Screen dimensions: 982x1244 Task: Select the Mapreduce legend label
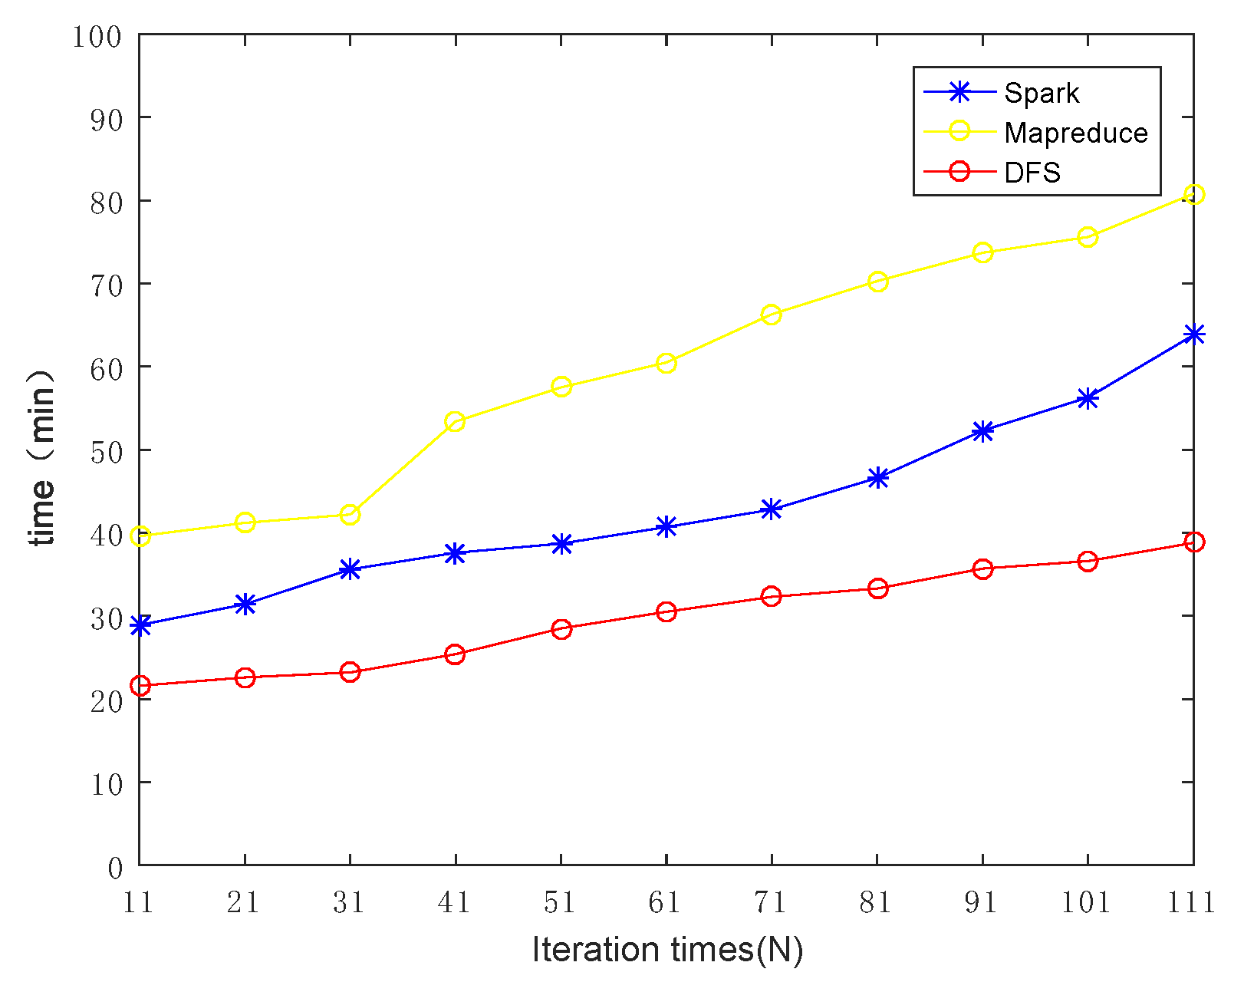[x=1075, y=133]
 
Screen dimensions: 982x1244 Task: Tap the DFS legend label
[x=1032, y=172]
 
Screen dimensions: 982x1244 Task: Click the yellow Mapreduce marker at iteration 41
[x=455, y=421]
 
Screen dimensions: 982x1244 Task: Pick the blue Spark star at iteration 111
[x=1193, y=334]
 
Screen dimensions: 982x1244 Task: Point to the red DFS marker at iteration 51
[x=561, y=629]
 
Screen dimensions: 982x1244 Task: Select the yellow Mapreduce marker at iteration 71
[x=772, y=315]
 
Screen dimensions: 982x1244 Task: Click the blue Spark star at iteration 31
[x=350, y=569]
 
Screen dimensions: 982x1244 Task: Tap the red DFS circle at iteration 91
[x=982, y=568]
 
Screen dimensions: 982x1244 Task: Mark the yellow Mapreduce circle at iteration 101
[x=1088, y=237]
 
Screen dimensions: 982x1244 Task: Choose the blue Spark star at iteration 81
[x=878, y=478]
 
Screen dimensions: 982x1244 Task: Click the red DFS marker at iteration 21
[x=245, y=677]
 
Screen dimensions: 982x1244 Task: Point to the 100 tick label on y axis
[x=97, y=36]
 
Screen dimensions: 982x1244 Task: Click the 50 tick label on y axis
[x=106, y=451]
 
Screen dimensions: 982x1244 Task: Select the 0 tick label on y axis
[x=115, y=868]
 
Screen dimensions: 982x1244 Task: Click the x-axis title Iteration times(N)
[x=667, y=950]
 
